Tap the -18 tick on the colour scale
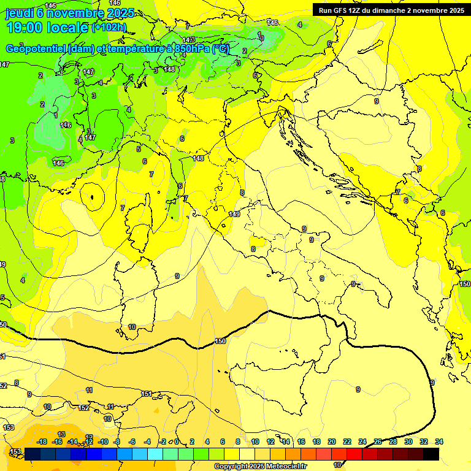pyautogui.click(x=42, y=442)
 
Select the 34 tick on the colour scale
pyautogui.click(x=439, y=442)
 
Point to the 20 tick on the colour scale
pyautogui.click(x=332, y=442)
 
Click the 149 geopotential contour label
pyautogui.click(x=234, y=213)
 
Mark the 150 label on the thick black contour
pyautogui.click(x=221, y=341)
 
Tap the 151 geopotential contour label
pyautogui.click(x=147, y=394)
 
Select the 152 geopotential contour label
pyautogui.click(x=84, y=408)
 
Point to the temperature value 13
pyautogui.click(x=61, y=434)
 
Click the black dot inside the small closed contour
pyautogui.click(x=92, y=197)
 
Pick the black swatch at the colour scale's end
pyautogui.click(x=431, y=454)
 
